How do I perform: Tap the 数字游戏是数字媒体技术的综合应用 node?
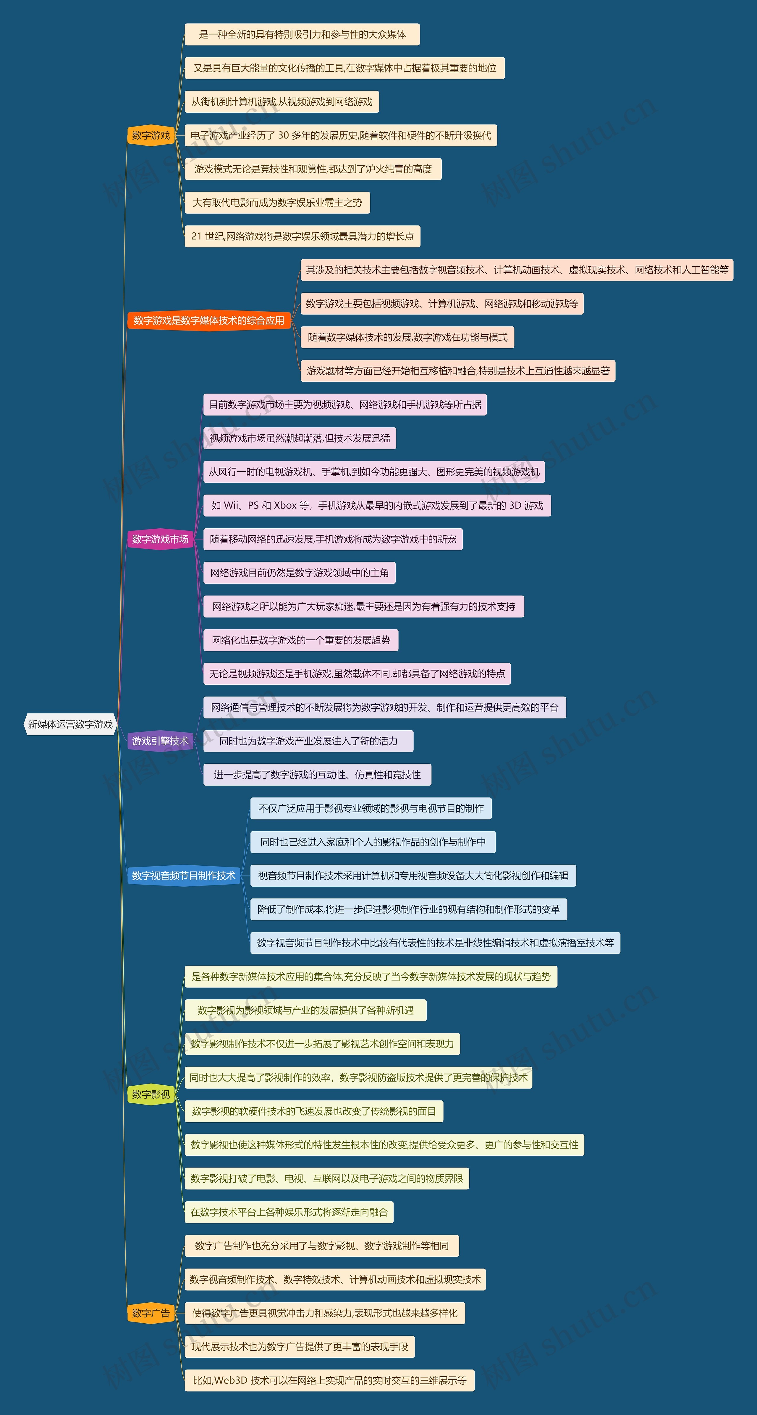[x=209, y=320]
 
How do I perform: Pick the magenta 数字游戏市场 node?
[x=160, y=539]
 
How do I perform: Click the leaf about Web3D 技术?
[x=329, y=1380]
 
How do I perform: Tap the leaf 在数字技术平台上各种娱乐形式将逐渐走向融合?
[x=289, y=1212]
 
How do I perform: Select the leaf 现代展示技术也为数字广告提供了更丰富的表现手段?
[x=299, y=1346]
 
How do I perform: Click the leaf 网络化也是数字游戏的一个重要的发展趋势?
[x=300, y=640]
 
